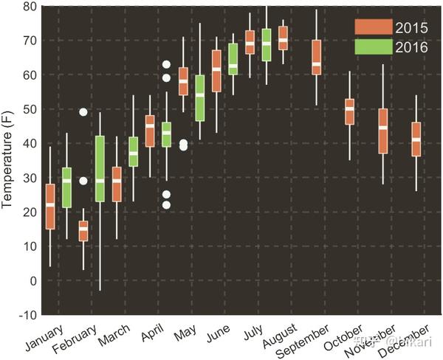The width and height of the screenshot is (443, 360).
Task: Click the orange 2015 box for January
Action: pyautogui.click(x=50, y=206)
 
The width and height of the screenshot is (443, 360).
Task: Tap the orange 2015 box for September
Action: pyautogui.click(x=316, y=57)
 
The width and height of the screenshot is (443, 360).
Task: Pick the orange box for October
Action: pyautogui.click(x=349, y=111)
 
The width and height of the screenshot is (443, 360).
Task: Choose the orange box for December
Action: pyautogui.click(x=416, y=139)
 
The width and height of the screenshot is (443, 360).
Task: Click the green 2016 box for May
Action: pyautogui.click(x=199, y=97)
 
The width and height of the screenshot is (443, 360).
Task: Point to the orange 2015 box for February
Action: pyautogui.click(x=83, y=230)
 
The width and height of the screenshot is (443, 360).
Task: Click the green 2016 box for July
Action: pyautogui.click(x=266, y=44)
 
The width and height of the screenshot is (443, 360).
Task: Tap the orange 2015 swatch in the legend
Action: pyautogui.click(x=372, y=27)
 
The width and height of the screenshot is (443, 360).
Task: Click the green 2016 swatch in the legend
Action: pyautogui.click(x=372, y=46)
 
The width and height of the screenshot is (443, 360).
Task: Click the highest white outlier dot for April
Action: pyautogui.click(x=167, y=65)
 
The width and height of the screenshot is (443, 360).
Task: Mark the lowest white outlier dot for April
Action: pyautogui.click(x=167, y=205)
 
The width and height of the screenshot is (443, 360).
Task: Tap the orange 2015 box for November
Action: pyautogui.click(x=382, y=131)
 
